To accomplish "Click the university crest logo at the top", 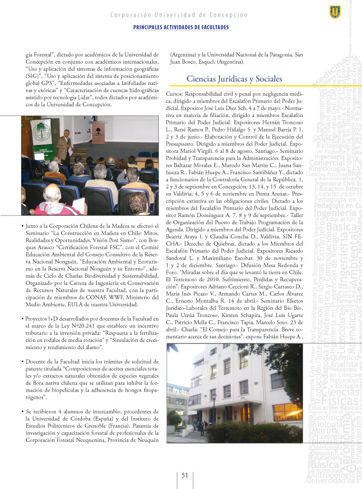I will point(335,12).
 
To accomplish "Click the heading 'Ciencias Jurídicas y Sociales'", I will point(234,79).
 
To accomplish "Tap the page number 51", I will point(184,476).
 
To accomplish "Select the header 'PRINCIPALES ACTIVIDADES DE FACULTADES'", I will point(181,27).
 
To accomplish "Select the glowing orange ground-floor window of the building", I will point(288,412).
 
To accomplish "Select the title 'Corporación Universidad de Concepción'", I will point(179,15).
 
